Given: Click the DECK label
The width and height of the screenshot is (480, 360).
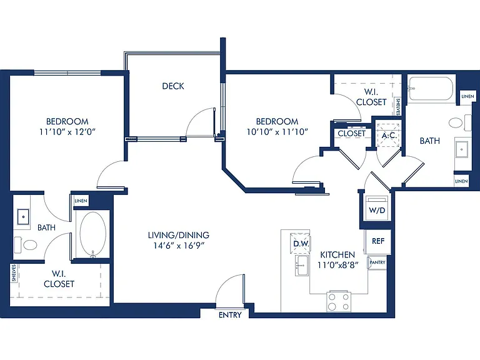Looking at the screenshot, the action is (x=173, y=86).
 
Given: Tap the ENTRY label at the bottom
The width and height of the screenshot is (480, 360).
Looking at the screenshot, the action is (x=230, y=315).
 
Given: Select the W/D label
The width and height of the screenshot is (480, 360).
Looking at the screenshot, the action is (x=377, y=210).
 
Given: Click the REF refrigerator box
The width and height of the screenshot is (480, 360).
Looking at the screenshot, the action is (x=377, y=241).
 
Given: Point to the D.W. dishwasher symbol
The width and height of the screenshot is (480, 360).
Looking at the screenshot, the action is (x=301, y=243).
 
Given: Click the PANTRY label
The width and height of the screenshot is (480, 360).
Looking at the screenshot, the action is (x=377, y=262).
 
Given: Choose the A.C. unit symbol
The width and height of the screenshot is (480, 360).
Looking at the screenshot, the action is (x=389, y=135).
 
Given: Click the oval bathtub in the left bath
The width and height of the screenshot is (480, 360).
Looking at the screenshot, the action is (x=92, y=234).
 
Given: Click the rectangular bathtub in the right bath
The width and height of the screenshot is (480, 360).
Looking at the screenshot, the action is (x=431, y=88).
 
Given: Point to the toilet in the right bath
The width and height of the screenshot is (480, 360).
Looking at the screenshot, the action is (x=459, y=123).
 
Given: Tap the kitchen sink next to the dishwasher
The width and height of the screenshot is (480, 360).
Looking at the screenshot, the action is (x=301, y=266).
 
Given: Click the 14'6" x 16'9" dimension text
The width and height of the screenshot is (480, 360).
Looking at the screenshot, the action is (x=179, y=246).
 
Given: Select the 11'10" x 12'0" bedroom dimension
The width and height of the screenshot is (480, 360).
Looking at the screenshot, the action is (x=67, y=132).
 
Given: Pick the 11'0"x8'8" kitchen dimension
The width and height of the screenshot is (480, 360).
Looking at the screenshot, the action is (x=337, y=265).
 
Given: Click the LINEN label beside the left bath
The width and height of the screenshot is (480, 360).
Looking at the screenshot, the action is (x=81, y=201).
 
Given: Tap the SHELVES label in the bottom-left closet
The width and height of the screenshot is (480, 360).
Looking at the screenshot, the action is (x=14, y=273).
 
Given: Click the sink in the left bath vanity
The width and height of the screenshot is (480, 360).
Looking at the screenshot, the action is (x=23, y=217).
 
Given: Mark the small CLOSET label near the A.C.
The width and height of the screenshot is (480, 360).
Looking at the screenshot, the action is (x=351, y=134).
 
